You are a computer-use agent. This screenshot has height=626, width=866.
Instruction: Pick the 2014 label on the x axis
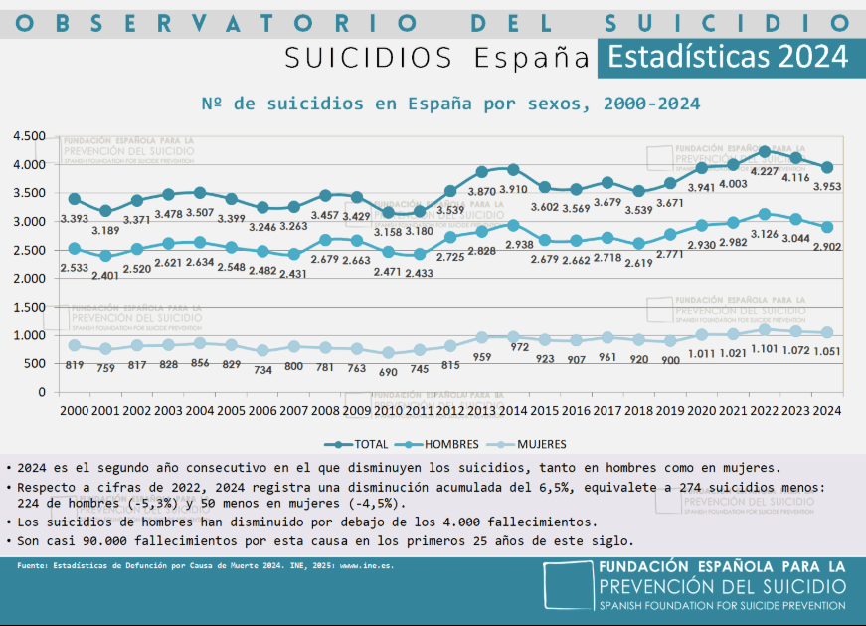(513, 410)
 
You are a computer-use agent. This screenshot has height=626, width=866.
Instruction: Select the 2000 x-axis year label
(75, 410)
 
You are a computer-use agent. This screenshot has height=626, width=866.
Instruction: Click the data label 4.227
(762, 171)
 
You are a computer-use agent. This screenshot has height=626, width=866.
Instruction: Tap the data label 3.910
(512, 189)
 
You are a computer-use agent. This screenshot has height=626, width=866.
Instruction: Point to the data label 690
(388, 371)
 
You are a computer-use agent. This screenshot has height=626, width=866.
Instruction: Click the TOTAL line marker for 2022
(764, 151)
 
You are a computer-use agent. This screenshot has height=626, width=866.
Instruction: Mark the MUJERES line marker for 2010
(388, 352)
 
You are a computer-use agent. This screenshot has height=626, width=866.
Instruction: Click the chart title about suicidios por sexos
(450, 104)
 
